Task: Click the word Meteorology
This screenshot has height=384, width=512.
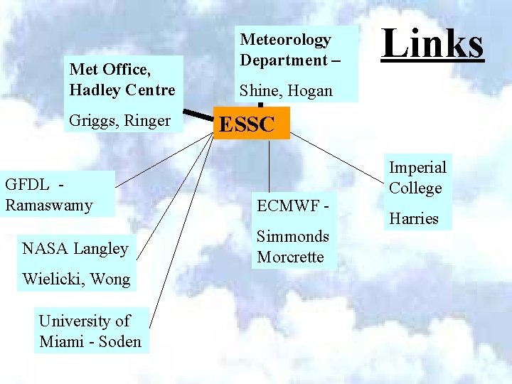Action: click(285, 40)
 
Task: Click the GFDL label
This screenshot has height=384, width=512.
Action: click(27, 184)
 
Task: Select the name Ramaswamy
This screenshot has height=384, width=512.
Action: click(48, 205)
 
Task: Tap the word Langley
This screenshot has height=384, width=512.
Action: click(101, 248)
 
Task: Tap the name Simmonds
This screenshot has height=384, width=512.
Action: click(293, 236)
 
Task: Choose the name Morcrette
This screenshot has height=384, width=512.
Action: click(290, 257)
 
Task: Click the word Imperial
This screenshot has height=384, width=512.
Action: click(417, 167)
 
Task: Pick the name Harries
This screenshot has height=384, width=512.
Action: click(413, 218)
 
